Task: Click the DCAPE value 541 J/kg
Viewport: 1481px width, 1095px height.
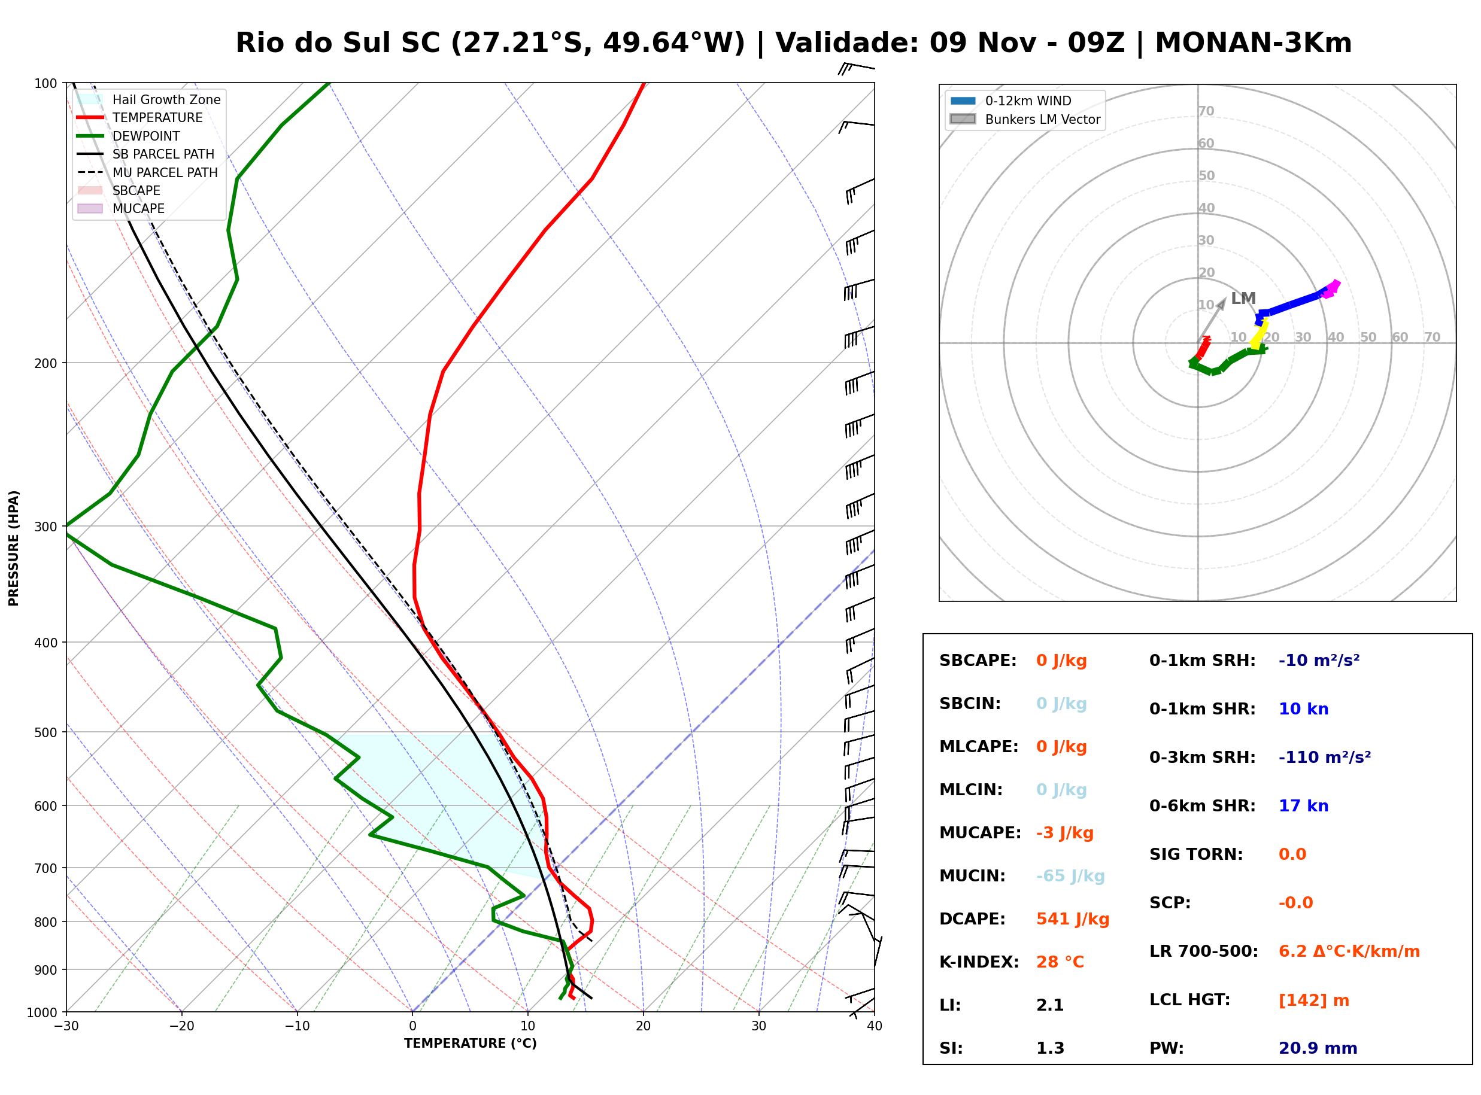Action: point(1073,919)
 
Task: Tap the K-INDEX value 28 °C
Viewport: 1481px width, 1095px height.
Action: point(1060,962)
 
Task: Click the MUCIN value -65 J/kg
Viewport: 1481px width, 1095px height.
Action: point(1070,876)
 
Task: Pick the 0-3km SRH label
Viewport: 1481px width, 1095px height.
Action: point(1202,758)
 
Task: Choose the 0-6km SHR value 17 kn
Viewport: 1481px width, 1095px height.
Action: point(1303,806)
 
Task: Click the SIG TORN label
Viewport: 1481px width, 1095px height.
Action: point(1196,854)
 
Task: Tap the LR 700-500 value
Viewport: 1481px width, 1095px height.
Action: point(1349,952)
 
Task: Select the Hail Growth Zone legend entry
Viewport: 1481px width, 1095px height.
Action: point(149,99)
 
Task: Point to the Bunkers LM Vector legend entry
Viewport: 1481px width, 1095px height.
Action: point(1025,119)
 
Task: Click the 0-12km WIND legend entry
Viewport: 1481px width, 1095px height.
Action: point(1011,101)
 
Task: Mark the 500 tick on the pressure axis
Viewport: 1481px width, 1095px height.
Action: point(45,732)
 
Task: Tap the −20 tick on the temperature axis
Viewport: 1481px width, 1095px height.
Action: point(181,1026)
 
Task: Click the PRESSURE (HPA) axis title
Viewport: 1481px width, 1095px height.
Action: point(13,548)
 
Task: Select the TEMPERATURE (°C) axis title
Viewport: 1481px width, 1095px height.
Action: point(470,1044)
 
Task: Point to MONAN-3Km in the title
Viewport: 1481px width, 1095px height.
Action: point(1253,43)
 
